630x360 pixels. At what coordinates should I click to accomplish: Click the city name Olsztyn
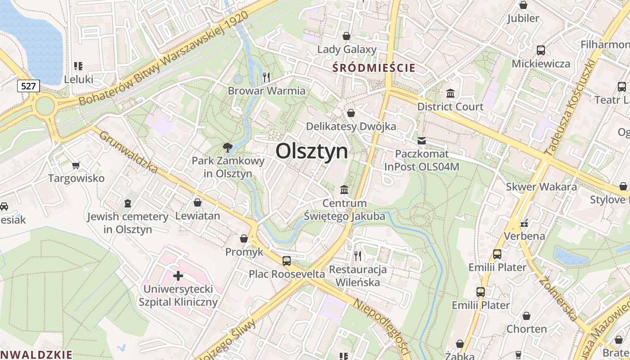[311, 151]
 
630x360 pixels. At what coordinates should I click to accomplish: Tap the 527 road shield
[28, 85]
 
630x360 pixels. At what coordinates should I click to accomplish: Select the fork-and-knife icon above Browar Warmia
[266, 77]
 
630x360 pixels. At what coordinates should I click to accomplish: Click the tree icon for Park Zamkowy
[228, 147]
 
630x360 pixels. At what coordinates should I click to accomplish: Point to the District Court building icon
[450, 94]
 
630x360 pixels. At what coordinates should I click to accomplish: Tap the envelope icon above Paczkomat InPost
[421, 141]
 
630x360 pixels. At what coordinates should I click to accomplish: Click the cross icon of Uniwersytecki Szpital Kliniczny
[178, 275]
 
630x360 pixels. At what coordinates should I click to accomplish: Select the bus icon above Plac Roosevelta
[287, 261]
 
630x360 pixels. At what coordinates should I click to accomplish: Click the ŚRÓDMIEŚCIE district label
[373, 68]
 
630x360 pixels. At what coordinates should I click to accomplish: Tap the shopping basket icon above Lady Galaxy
[346, 36]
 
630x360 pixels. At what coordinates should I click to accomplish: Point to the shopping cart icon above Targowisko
[76, 165]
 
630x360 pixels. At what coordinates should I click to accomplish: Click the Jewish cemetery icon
[128, 203]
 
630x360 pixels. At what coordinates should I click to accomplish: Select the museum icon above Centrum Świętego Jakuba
[345, 190]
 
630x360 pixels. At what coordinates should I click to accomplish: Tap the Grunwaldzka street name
[129, 152]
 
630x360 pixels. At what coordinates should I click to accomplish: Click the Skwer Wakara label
[541, 187]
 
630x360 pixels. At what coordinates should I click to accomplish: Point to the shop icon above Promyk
[244, 238]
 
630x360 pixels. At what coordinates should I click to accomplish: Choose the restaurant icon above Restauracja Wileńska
[358, 256]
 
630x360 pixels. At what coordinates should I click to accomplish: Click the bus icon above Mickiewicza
[541, 50]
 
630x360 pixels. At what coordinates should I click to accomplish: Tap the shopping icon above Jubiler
[523, 5]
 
